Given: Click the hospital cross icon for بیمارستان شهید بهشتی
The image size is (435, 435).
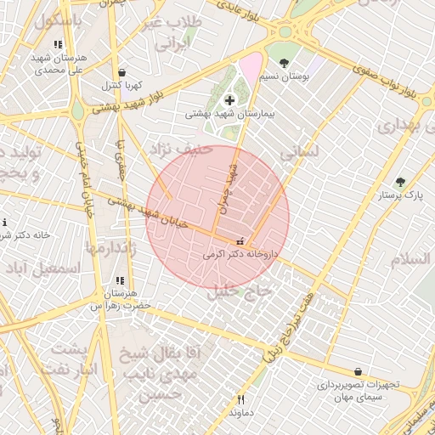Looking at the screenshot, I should point(229,100).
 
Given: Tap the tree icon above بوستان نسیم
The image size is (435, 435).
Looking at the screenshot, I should point(284,63).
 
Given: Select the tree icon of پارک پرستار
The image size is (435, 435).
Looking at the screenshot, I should point(400,182).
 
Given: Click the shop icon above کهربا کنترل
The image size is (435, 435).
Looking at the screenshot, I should point(124,73).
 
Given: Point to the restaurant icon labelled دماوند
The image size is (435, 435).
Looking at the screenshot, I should point(241,399).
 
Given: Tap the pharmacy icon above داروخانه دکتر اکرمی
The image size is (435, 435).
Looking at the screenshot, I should point(240,240).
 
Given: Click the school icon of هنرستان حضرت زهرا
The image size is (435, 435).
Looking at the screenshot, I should point(120,280).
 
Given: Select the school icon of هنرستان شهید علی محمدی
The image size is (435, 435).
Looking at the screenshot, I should point(57,44).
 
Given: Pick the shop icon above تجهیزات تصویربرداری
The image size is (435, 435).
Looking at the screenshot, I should point(358,371).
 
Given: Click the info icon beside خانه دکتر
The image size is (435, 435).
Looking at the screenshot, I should point(3,223).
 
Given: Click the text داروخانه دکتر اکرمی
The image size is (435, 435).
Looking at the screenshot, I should point(240,253).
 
